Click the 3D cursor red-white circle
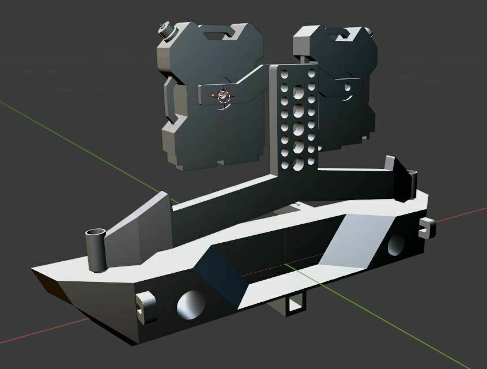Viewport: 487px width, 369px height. pyautogui.click(x=224, y=96)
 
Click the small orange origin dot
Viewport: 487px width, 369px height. pyautogui.click(x=213, y=95)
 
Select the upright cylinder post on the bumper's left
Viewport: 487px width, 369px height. pyautogui.click(x=97, y=248)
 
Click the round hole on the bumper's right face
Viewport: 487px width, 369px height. pyautogui.click(x=397, y=244)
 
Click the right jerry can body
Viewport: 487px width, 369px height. pyautogui.click(x=346, y=115)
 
